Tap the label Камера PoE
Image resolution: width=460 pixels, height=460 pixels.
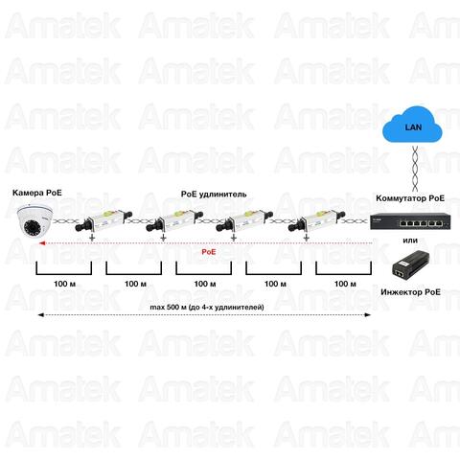click(x=37, y=193)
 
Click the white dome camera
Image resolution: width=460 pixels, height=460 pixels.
click(x=34, y=220)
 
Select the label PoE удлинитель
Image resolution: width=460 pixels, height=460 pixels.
click(x=214, y=194)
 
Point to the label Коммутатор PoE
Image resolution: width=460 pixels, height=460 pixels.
click(x=410, y=198)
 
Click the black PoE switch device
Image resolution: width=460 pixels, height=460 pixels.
click(x=410, y=221)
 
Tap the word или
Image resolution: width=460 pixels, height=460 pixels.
click(x=410, y=241)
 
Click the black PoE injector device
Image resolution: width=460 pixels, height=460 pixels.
click(x=411, y=265)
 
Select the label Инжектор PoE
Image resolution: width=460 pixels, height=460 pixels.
click(x=410, y=292)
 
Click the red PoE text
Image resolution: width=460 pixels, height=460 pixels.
click(x=209, y=252)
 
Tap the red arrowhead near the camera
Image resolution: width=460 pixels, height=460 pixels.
click(x=41, y=243)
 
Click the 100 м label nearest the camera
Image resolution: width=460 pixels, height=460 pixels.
click(x=64, y=284)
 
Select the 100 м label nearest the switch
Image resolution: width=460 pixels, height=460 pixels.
click(x=345, y=284)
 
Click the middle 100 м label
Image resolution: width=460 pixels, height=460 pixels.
click(x=205, y=284)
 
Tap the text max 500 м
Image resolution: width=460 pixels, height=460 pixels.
click(x=168, y=308)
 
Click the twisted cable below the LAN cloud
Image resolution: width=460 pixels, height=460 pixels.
click(x=415, y=169)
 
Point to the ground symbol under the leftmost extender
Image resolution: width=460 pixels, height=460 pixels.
click(x=92, y=238)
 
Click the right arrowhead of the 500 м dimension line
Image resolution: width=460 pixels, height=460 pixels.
click(x=367, y=315)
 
